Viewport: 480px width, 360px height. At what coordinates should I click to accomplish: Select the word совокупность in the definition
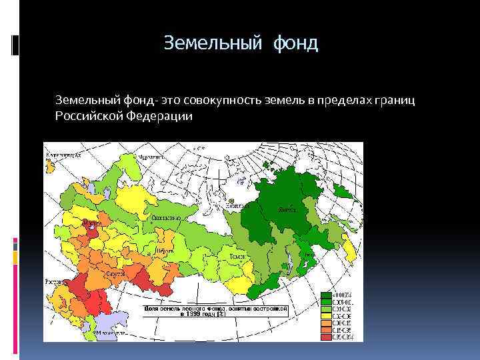coord(225,100)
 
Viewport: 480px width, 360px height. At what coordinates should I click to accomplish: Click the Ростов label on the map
coord(53,282)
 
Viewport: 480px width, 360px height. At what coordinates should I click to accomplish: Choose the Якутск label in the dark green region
coord(287,209)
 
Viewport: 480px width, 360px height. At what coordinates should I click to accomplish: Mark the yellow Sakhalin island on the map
coord(347,252)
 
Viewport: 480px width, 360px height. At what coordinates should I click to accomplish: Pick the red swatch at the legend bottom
coord(326,337)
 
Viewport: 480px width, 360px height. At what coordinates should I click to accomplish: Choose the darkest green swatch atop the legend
coord(326,294)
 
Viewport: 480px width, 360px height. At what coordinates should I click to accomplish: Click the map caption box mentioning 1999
coord(215,312)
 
